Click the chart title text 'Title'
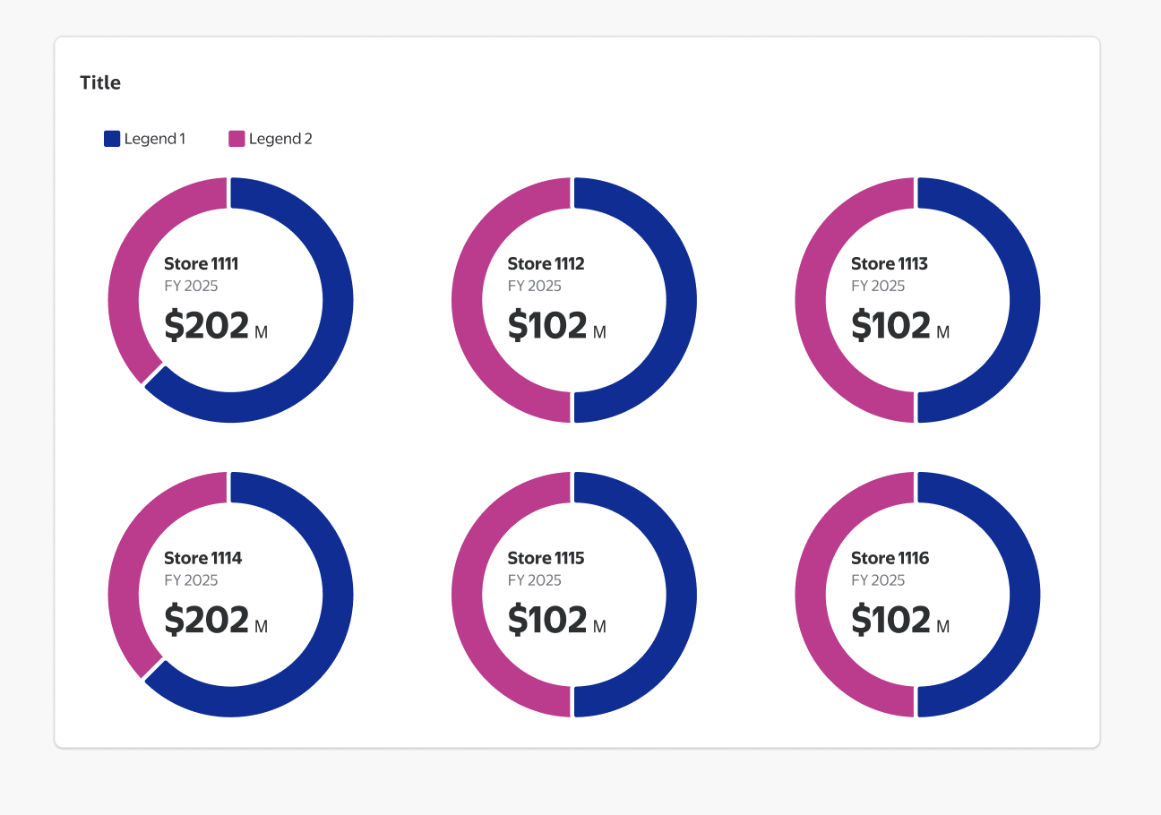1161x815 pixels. (100, 83)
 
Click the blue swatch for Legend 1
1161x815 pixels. (112, 139)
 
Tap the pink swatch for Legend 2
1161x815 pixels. (236, 139)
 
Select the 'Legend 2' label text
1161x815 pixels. (280, 139)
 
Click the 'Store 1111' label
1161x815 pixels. (202, 264)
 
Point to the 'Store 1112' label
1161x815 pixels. (546, 264)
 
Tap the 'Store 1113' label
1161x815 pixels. (890, 264)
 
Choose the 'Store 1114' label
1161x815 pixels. (203, 559)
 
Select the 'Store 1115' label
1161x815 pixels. (546, 559)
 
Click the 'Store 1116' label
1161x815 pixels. (890, 559)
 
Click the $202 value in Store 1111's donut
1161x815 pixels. (207, 325)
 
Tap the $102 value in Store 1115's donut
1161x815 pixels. (547, 620)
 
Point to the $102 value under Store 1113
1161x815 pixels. (891, 325)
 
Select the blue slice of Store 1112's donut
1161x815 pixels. (681, 300)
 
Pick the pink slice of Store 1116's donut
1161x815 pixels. (810, 595)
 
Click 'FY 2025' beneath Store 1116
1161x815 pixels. (878, 580)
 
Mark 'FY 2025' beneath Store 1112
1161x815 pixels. (535, 287)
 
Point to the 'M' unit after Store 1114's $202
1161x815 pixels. (262, 627)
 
